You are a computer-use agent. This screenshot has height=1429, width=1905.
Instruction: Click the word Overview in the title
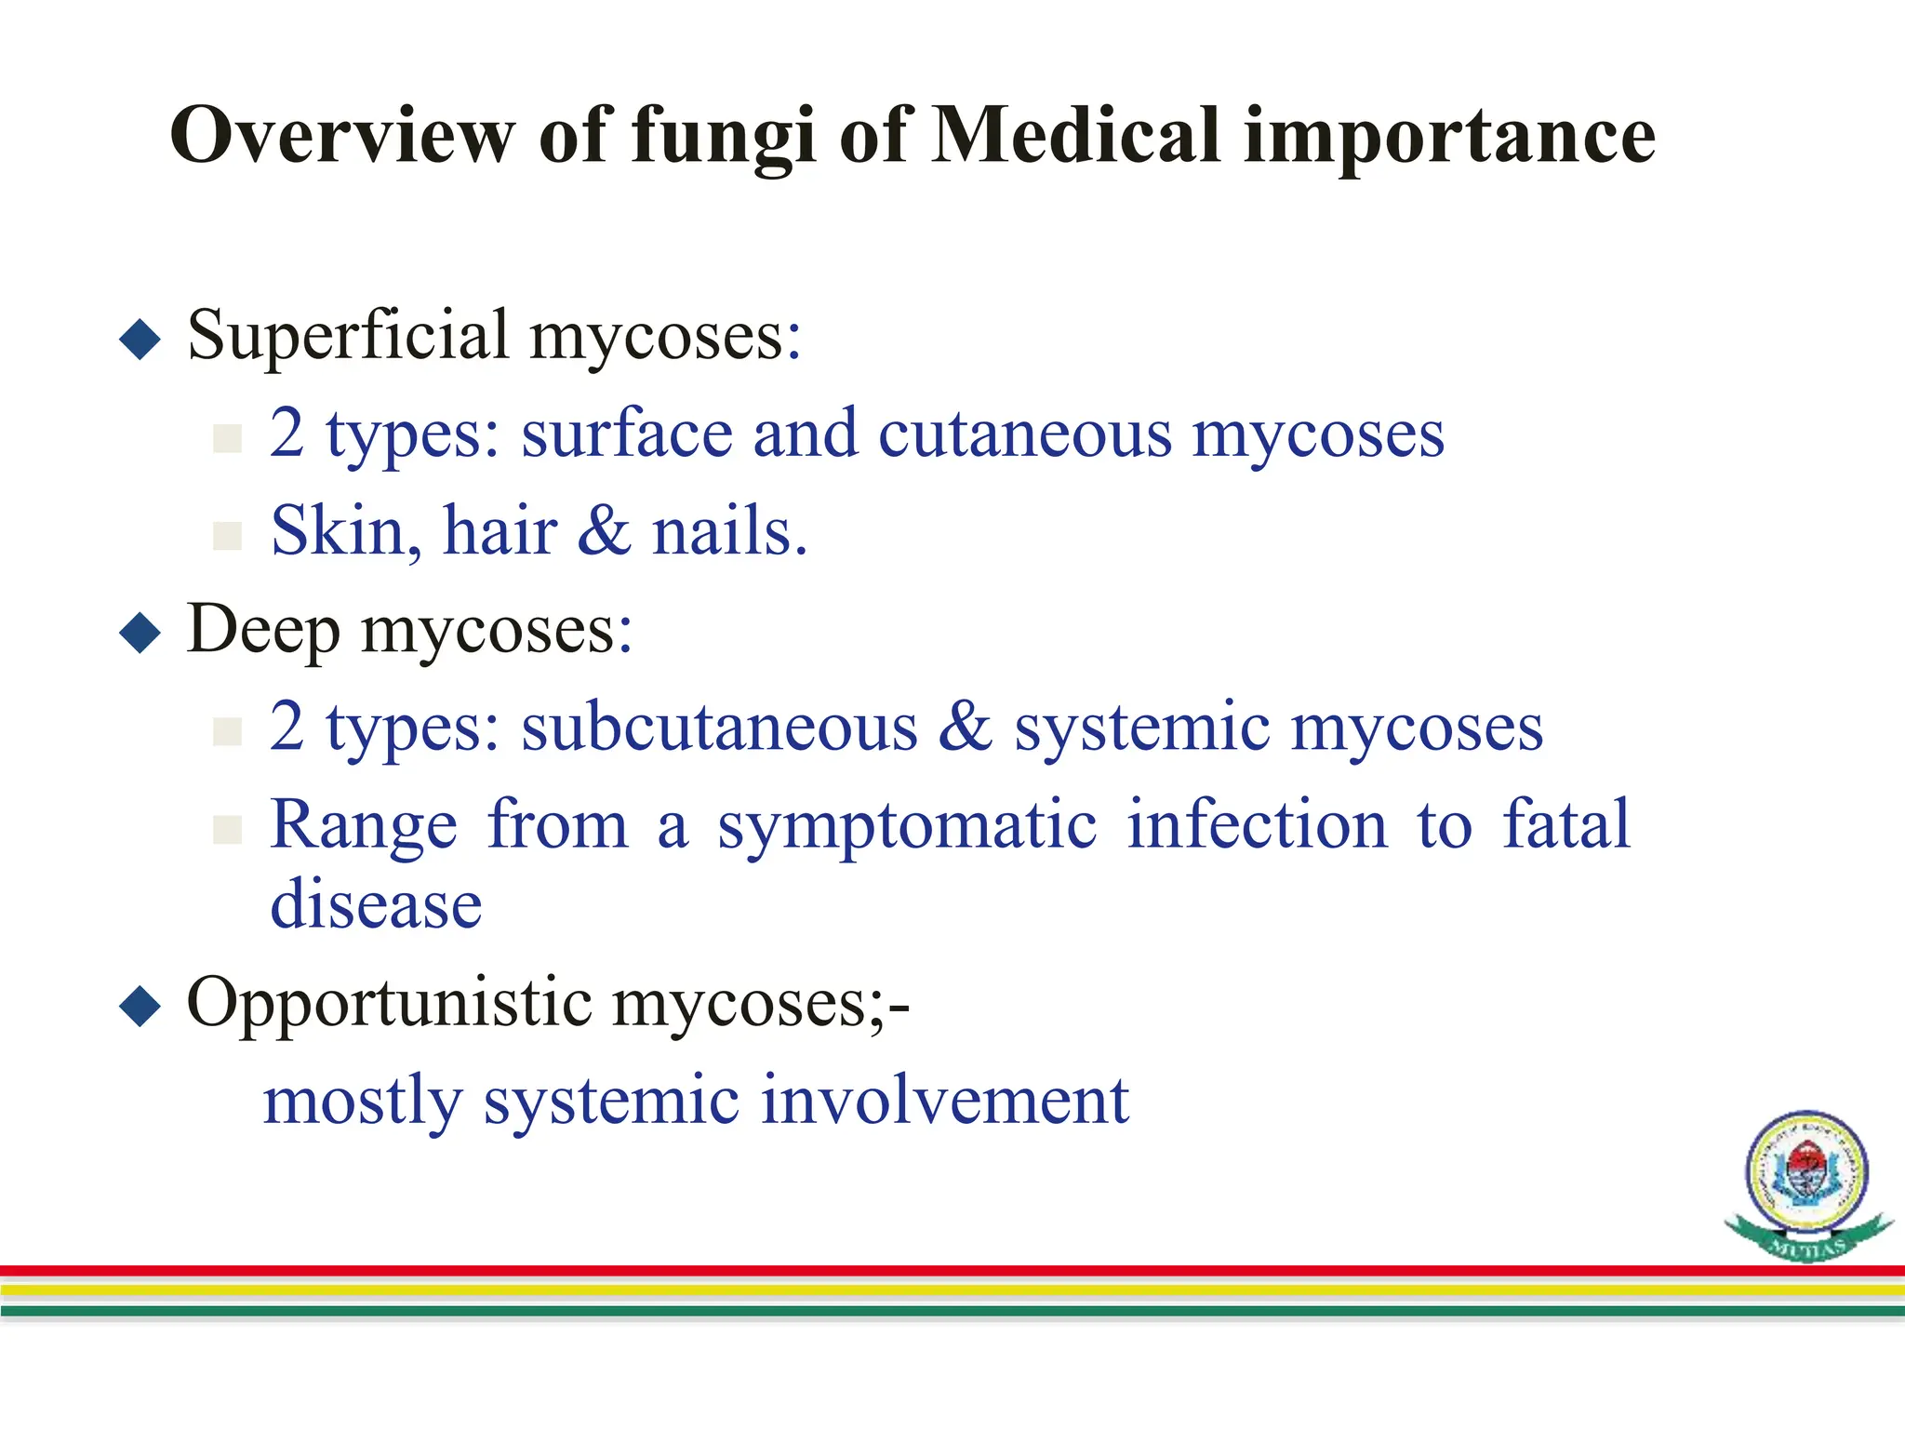tap(341, 135)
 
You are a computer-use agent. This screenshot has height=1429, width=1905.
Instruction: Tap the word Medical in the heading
tap(1075, 135)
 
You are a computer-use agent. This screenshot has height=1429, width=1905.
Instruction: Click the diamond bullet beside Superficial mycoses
tap(140, 340)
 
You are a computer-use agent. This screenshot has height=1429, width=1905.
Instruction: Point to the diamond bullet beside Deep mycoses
tap(140, 634)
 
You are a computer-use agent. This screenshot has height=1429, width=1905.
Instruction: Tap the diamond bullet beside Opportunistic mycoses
tap(140, 1007)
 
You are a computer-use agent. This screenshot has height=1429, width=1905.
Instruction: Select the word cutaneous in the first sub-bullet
tap(1024, 434)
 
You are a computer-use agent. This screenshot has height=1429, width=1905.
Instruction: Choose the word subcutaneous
tap(719, 728)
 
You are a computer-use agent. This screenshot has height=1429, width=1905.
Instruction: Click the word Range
tap(364, 826)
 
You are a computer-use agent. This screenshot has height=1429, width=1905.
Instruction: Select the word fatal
tap(1566, 824)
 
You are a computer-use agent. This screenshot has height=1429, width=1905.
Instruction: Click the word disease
tap(376, 904)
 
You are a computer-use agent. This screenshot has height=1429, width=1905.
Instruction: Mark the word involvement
tap(944, 1101)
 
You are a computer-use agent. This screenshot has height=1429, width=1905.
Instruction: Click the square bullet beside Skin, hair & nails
tap(227, 535)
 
